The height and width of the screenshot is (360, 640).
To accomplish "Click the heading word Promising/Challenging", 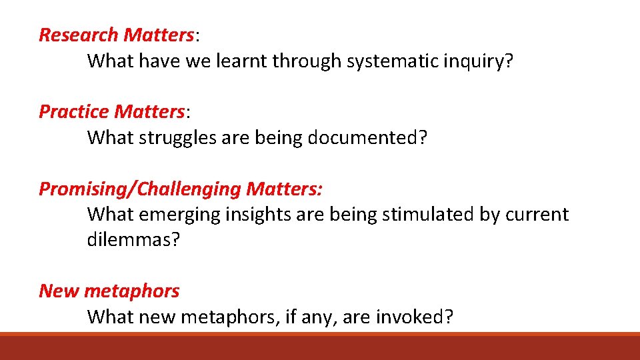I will (x=139, y=189).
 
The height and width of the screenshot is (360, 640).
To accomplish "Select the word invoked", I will (x=414, y=317).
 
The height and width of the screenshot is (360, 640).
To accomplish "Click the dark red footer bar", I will (x=320, y=347).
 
